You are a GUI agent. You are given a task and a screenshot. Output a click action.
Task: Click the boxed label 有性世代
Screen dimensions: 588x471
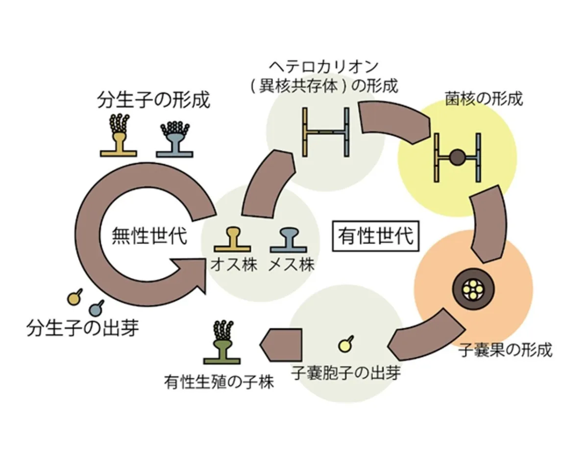coord(375,236)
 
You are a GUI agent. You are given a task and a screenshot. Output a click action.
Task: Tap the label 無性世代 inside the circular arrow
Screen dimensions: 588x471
coord(149,236)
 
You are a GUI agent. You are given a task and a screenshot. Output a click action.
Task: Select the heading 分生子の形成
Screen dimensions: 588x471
coord(154,100)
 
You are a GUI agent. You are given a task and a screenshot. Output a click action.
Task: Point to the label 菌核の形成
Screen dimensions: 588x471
coord(484,99)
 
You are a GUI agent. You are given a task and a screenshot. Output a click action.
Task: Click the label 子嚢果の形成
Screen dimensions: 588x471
coord(505,350)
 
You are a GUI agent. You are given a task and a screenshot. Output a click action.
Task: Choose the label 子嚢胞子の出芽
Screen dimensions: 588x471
coord(346,372)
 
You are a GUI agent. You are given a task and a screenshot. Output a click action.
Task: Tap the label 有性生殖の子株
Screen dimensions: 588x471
coord(219,382)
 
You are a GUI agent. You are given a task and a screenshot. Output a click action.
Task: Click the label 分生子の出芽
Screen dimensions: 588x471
coord(83,328)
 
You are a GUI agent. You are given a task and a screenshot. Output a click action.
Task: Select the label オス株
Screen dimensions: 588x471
coord(234,265)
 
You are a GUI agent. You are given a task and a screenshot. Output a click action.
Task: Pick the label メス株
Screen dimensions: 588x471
coord(292,265)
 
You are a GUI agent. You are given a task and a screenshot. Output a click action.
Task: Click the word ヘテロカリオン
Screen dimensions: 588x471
coord(324,67)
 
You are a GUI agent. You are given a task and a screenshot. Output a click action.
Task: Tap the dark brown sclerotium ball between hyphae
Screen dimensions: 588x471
coord(457,157)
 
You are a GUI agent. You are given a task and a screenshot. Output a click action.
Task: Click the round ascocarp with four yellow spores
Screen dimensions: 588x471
coord(473,289)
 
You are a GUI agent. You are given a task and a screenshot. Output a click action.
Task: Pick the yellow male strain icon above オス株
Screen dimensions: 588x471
coord(232,240)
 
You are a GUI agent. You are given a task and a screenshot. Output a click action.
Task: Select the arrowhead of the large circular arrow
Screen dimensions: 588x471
coord(191,276)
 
